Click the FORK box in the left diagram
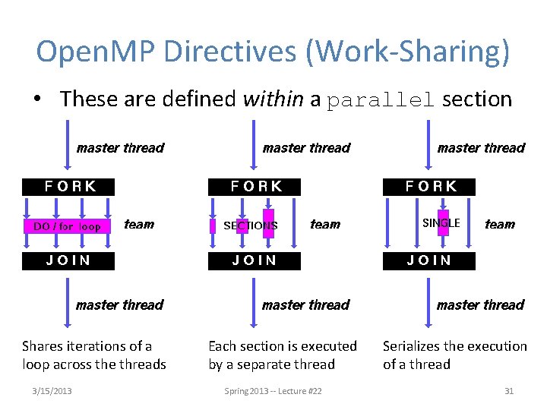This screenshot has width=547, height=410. pos(70,186)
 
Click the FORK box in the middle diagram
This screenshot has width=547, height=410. pos(256,186)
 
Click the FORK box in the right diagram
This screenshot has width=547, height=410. pos(431,186)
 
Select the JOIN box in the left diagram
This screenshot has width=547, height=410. pos(68,260)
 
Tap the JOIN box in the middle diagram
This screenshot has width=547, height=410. pos(255,260)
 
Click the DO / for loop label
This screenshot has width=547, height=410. pos(67,226)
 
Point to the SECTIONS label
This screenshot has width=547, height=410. pos(251,225)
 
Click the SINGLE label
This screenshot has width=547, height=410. pos(441,222)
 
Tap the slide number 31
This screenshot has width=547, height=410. pos(509,391)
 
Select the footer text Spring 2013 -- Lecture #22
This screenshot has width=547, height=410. pos(273,391)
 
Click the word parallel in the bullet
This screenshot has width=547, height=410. pos(381,99)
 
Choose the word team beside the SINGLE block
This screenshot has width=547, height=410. pos(499,224)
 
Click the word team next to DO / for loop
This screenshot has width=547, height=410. pos(138,224)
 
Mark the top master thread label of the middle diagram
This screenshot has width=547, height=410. pos(306,148)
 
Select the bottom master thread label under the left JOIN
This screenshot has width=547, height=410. pos(119,305)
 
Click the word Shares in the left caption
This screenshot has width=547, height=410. pos(44,346)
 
